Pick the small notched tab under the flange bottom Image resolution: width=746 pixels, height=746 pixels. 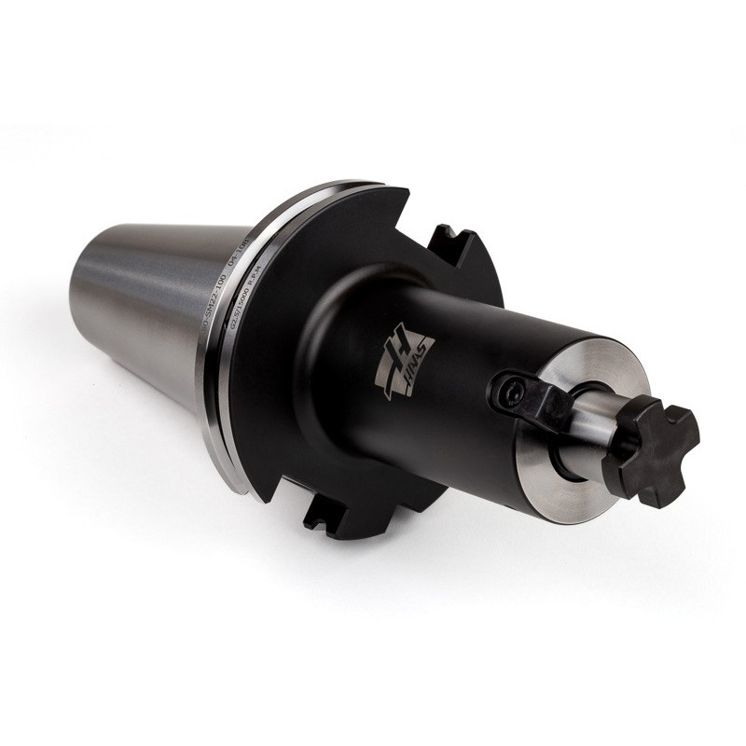point(322,518)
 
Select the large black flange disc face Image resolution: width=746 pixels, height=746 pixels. point(280,392)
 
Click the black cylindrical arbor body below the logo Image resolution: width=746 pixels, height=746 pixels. point(438,429)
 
